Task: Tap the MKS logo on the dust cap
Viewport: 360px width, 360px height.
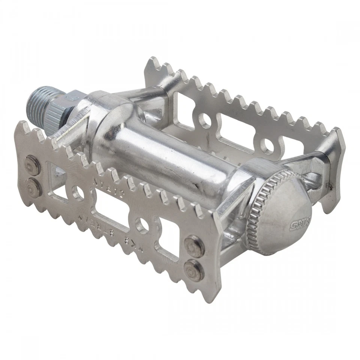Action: click(x=296, y=225)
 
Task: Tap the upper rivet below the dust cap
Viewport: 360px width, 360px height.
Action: click(x=195, y=246)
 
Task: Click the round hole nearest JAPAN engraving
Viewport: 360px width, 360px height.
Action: click(x=78, y=193)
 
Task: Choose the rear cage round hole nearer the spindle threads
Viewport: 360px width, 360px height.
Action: click(x=205, y=120)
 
